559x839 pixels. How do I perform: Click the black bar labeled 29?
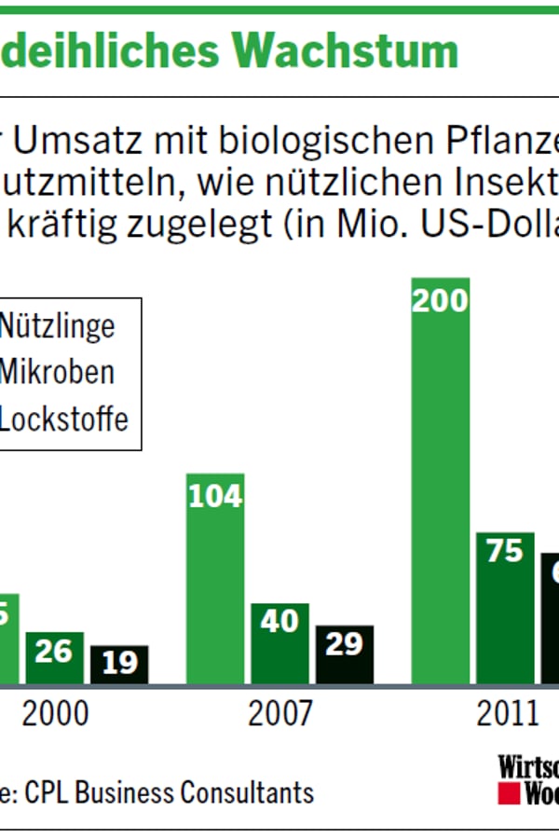(344, 656)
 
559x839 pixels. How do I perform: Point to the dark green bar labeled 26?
(53, 659)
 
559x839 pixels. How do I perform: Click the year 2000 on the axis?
(56, 715)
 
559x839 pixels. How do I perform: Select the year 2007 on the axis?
(280, 715)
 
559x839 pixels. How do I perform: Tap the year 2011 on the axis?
(508, 715)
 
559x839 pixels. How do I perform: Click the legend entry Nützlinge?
(56, 326)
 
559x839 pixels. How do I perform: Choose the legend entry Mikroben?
(56, 372)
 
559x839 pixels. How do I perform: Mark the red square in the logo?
(508, 793)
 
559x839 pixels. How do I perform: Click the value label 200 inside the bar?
(440, 300)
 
